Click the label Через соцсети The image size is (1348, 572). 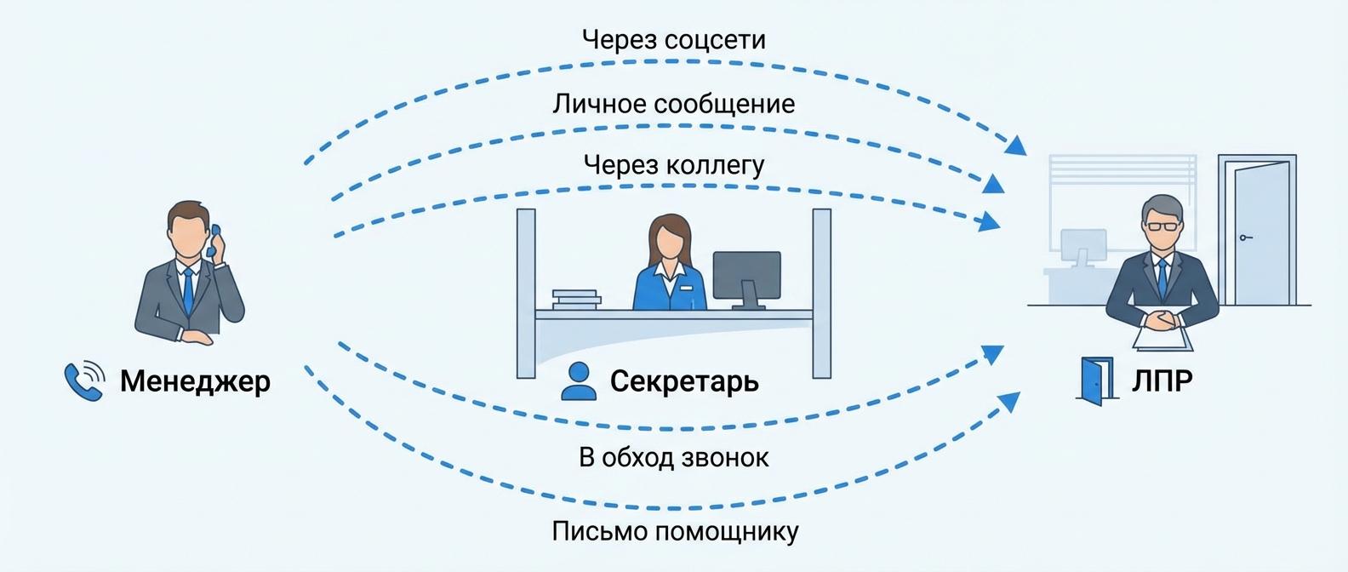(x=673, y=40)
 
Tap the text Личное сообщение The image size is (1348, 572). (x=673, y=104)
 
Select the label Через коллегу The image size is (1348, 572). (x=673, y=164)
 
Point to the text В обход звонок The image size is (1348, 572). (x=673, y=457)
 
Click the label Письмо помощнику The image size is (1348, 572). (x=675, y=531)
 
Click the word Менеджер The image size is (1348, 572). (x=195, y=380)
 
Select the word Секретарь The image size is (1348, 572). (x=683, y=380)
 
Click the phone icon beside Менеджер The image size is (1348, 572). (x=84, y=380)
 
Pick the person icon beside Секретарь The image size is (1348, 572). (x=579, y=380)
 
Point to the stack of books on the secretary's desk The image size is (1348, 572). (x=575, y=299)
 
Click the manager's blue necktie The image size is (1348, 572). (x=188, y=289)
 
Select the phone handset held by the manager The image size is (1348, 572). (x=214, y=241)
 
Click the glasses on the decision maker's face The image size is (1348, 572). (x=1163, y=226)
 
